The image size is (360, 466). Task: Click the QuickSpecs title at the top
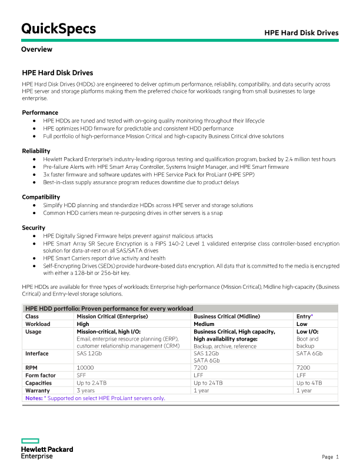pyautogui.click(x=58, y=29)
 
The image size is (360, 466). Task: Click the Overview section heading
pyautogui.click(x=36, y=49)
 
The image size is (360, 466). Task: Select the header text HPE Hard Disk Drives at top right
pyautogui.click(x=301, y=33)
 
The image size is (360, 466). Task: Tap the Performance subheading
pyautogui.click(x=40, y=112)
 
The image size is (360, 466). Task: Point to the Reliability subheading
pyautogui.click(x=36, y=151)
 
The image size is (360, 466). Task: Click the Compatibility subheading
pyautogui.click(x=41, y=197)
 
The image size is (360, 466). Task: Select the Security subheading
pyautogui.click(x=34, y=228)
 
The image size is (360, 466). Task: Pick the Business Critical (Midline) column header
pyautogui.click(x=226, y=316)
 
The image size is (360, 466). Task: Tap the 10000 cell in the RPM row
pyautogui.click(x=86, y=367)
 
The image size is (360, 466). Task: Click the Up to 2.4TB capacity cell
pyautogui.click(x=92, y=382)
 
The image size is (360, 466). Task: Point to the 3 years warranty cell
pyautogui.click(x=86, y=390)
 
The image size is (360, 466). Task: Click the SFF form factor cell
pyautogui.click(x=82, y=375)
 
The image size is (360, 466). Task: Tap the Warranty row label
pyautogui.click(x=38, y=390)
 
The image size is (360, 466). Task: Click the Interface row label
pyautogui.click(x=37, y=354)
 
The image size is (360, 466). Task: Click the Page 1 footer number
pyautogui.click(x=330, y=457)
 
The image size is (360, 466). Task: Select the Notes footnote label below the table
pyautogui.click(x=34, y=398)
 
